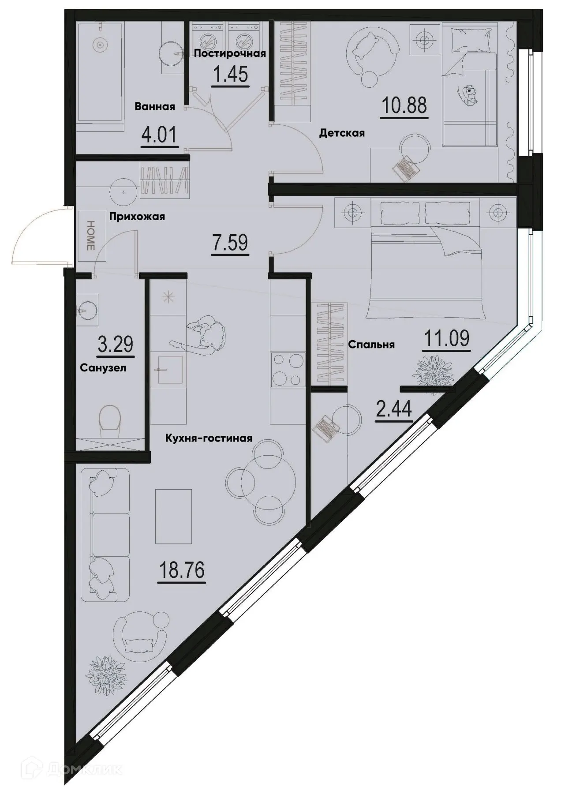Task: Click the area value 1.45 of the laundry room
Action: click(x=230, y=75)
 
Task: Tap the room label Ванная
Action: click(x=155, y=106)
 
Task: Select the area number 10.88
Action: click(x=405, y=105)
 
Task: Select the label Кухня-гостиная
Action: click(x=209, y=438)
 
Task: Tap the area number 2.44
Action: click(x=394, y=409)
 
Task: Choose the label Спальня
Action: click(x=371, y=345)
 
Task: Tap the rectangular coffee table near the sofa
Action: click(x=174, y=516)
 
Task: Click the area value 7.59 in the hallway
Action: click(x=230, y=243)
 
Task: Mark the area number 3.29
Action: click(x=116, y=344)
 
